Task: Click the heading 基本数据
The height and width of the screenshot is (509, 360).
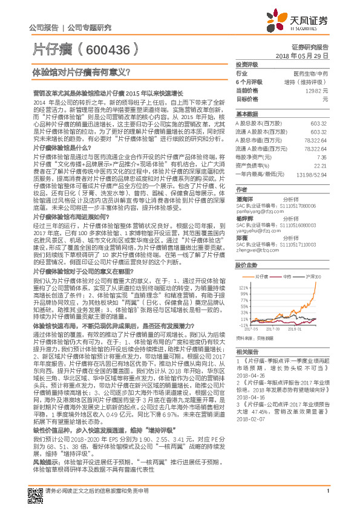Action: [x=247, y=114]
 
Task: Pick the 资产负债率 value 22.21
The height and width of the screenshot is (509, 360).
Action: [x=321, y=165]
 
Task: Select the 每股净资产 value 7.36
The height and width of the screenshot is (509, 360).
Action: [x=322, y=157]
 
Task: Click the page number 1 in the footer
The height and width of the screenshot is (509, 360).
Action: [x=327, y=498]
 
